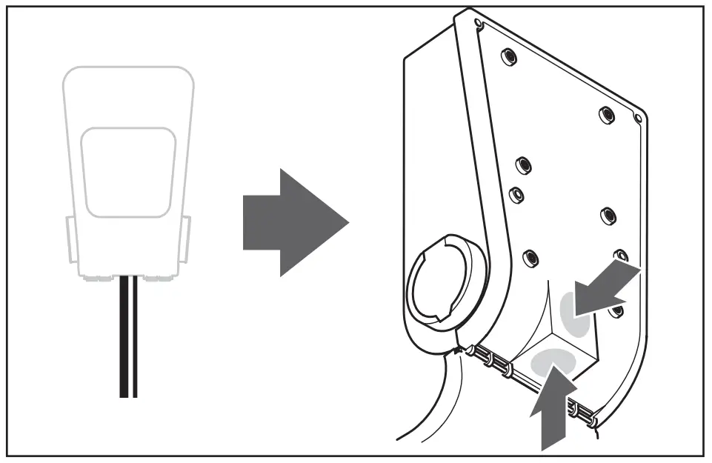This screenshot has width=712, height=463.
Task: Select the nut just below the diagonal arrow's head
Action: pos(614,311)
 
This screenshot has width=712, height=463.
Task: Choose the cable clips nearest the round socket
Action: pos(493,359)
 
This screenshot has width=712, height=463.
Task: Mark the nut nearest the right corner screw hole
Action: pos(606,116)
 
